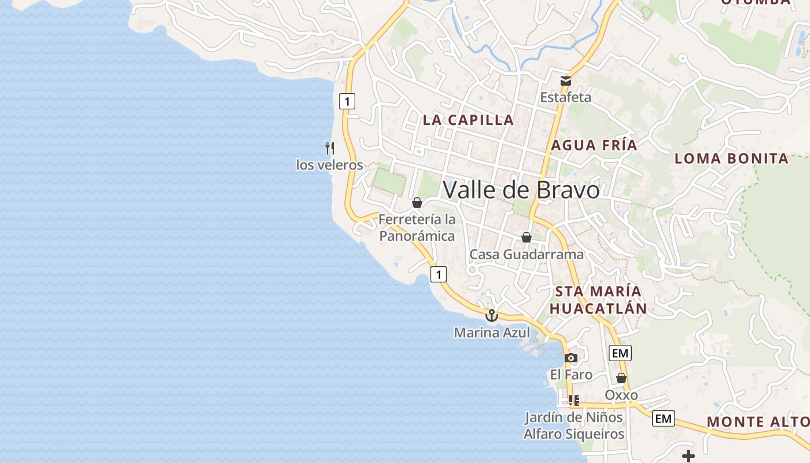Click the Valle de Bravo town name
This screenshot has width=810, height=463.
(x=521, y=190)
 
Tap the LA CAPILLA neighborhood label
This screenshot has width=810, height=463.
(x=468, y=120)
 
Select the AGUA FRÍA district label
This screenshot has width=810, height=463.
(x=594, y=145)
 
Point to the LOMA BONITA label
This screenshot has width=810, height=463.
(x=731, y=159)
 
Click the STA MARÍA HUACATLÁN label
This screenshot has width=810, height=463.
(x=598, y=300)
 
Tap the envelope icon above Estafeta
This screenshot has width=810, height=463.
(x=565, y=80)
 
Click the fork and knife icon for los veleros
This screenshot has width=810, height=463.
(x=330, y=148)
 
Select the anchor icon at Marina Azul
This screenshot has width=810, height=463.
(x=491, y=315)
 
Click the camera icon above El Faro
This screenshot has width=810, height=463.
(x=571, y=358)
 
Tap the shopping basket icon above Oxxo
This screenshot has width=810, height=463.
(x=621, y=379)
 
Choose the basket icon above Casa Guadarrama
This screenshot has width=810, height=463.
(x=526, y=237)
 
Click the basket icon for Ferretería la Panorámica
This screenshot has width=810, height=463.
(x=417, y=203)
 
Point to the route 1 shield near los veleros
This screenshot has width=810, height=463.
(x=347, y=101)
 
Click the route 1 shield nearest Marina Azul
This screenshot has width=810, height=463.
(x=439, y=274)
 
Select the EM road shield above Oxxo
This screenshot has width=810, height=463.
(x=620, y=352)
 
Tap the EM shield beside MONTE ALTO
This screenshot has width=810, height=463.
(x=664, y=418)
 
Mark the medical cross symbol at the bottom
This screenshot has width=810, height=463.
(x=688, y=456)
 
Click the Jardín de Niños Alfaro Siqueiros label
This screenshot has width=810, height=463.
(x=573, y=425)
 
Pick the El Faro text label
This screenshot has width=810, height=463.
(x=571, y=375)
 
